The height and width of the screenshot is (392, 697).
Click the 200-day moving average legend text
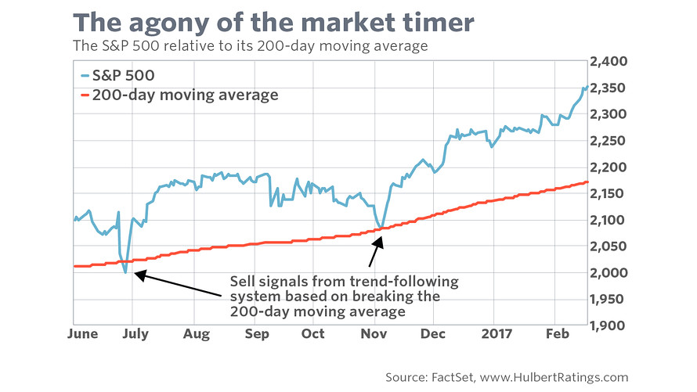pos(185,95)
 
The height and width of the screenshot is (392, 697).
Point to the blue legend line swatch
pos(85,75)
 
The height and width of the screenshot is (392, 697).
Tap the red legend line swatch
pos(85,95)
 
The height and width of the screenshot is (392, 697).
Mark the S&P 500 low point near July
pos(125,272)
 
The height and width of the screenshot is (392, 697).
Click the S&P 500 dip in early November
pos(381,228)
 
